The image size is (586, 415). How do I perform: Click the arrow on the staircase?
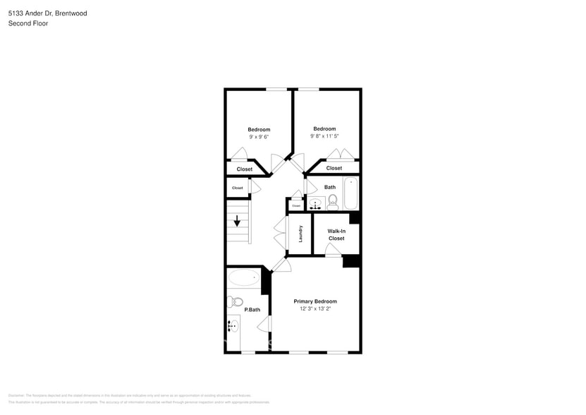[237, 221]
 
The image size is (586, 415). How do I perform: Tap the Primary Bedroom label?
[315, 301]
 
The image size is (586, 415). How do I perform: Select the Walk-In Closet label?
[336, 235]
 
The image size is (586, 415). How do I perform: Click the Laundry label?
[300, 234]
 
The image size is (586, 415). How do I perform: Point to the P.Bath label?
[252, 310]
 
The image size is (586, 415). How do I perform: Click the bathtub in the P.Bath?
[244, 277]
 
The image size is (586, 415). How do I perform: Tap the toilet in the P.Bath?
[235, 302]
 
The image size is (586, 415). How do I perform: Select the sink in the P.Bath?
[233, 327]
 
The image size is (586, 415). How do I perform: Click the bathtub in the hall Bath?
[350, 193]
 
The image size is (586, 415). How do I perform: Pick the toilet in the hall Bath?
[333, 203]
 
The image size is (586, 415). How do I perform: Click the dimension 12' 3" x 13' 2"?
[315, 308]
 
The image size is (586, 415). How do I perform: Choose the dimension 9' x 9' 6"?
[259, 136]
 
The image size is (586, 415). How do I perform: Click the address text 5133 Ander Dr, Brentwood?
[48, 13]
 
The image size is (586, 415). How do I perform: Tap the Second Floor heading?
[28, 23]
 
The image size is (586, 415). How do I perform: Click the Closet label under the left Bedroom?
[245, 169]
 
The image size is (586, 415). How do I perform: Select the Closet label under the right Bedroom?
[334, 168]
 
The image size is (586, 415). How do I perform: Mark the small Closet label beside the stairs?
[238, 188]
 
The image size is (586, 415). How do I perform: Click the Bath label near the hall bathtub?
[330, 187]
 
